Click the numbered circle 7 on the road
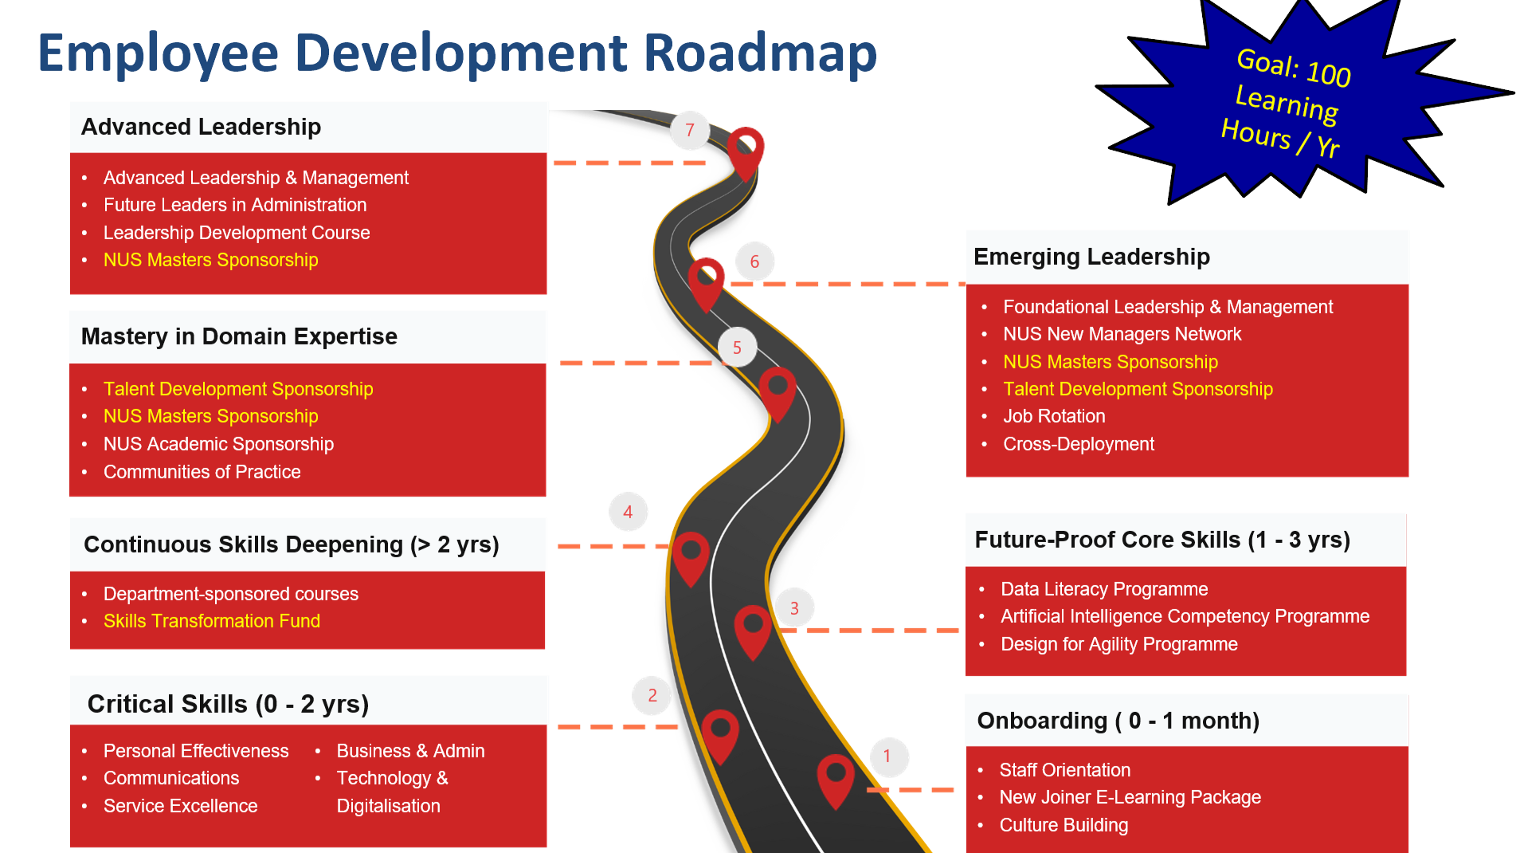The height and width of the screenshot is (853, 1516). point(690,130)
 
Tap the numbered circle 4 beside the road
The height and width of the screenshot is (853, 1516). point(629,512)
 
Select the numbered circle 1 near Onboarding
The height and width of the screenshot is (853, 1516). point(887,757)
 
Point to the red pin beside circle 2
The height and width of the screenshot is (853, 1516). point(720,733)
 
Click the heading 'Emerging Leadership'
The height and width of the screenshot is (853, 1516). point(1091,257)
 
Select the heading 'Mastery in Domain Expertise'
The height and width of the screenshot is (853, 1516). point(239,336)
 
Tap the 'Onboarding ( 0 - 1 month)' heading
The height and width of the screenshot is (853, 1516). point(1118,721)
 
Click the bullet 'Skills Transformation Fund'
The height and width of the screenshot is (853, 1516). point(212,621)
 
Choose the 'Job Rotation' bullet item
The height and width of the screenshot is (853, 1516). point(1054,416)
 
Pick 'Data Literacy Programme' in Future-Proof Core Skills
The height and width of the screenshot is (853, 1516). point(1104,589)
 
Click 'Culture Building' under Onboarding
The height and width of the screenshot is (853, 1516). point(1064,825)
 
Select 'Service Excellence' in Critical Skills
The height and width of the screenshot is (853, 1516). point(181,806)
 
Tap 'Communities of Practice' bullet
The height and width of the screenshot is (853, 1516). point(202,472)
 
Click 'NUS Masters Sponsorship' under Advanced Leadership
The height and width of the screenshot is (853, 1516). point(211,260)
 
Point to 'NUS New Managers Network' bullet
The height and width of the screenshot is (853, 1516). point(1122,334)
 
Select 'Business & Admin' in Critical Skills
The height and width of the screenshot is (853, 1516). point(410,751)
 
